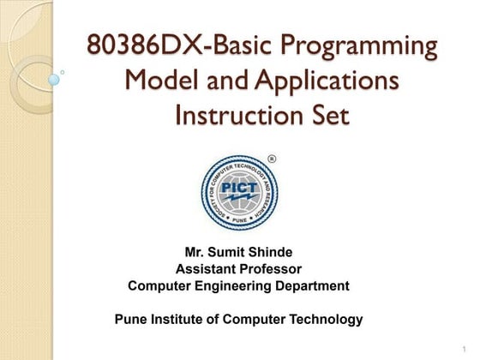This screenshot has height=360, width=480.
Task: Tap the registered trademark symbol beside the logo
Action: pyautogui.click(x=273, y=159)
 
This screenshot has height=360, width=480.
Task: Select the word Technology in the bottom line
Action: pyautogui.click(x=327, y=320)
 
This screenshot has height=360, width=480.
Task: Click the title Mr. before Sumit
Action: pyautogui.click(x=195, y=252)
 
